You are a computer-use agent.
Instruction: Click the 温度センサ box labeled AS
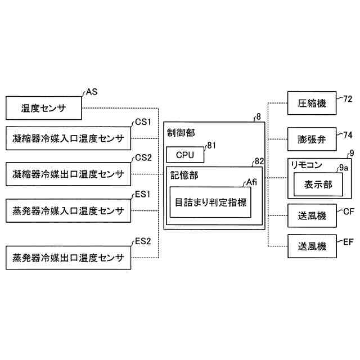[x=44, y=107]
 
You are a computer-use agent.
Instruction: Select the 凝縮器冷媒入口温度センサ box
[x=68, y=139]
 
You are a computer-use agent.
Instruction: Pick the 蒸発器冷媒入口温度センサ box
[x=68, y=211]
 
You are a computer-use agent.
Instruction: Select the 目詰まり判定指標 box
[x=210, y=201]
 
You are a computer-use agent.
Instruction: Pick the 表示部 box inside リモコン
[x=318, y=184]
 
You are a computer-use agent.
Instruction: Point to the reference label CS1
[x=143, y=121]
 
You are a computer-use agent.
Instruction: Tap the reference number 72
[x=348, y=98]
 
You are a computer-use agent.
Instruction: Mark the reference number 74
[x=348, y=134]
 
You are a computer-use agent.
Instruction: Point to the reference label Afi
[x=253, y=182]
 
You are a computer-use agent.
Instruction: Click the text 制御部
[x=181, y=133]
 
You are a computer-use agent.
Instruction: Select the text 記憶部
[x=184, y=175]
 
